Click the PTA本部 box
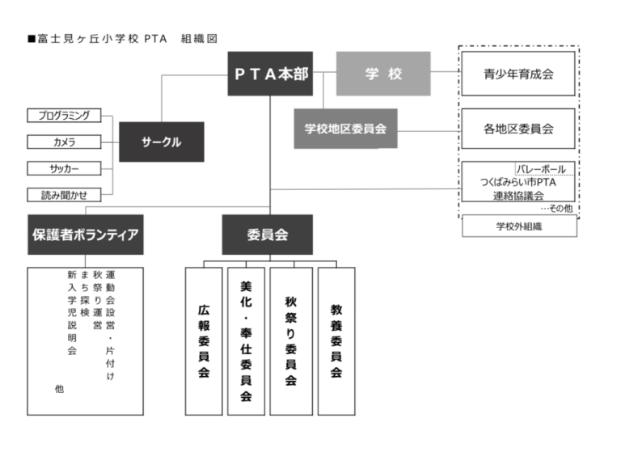coord(270,74)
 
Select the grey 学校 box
coord(382,74)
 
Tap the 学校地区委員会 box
coord(345,128)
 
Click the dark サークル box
coord(161,142)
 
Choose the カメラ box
coord(64,142)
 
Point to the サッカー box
coord(64,168)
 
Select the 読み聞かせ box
coord(64,195)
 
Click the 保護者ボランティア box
coord(85,235)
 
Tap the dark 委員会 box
coord(267,235)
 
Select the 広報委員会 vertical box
coord(203,340)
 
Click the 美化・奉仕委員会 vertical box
coord(246,340)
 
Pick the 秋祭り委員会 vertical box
coord(290,340)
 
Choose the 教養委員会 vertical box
coord(336,340)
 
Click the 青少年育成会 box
coord(518,74)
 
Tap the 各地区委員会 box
coord(518,128)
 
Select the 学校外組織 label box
coord(519,226)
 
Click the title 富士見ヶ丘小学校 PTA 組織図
coord(121,38)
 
